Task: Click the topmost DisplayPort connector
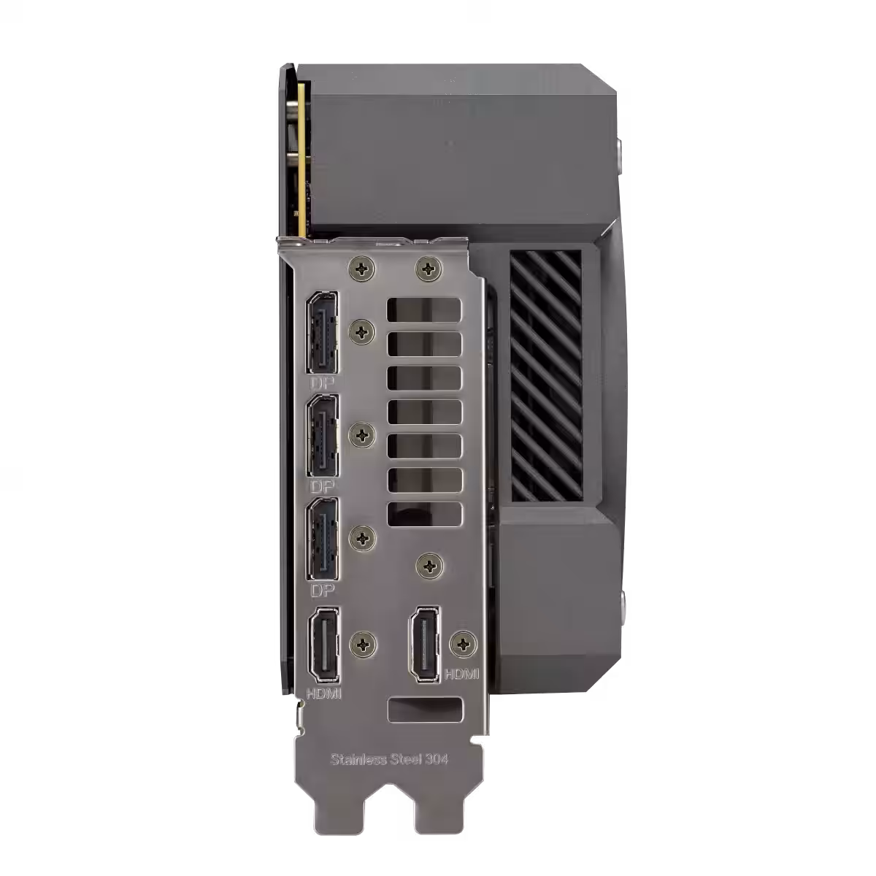(x=323, y=332)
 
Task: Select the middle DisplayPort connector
(x=323, y=436)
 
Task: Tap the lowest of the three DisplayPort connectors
(x=323, y=539)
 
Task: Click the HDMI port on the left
(x=323, y=645)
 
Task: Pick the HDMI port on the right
(x=425, y=643)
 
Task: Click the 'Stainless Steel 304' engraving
(x=389, y=759)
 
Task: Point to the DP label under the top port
(x=323, y=383)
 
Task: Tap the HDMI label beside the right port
(x=461, y=673)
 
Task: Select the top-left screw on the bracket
(x=362, y=269)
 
